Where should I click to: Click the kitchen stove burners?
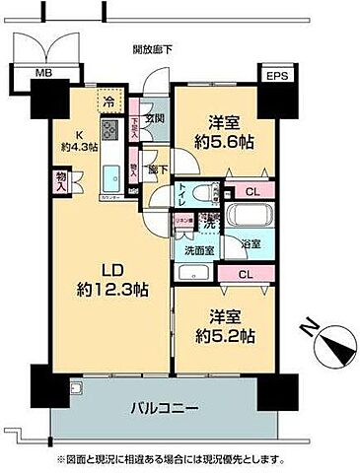(109, 131)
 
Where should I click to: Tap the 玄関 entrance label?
(156, 120)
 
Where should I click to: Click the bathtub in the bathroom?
(248, 217)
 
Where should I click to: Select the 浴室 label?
(251, 243)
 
